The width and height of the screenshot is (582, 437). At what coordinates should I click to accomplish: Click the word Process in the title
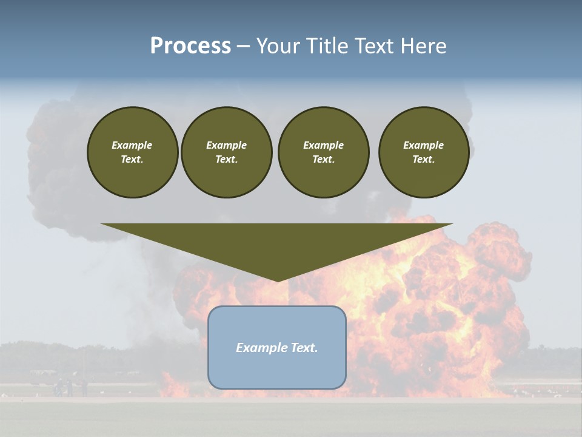190,46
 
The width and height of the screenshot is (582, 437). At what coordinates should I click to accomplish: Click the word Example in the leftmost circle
132,145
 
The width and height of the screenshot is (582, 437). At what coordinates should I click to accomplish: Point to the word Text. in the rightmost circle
423,159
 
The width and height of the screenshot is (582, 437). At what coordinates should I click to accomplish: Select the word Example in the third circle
323,145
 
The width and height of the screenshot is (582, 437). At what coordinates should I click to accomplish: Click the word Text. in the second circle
226,159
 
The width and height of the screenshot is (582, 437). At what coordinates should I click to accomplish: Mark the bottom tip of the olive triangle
277,280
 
